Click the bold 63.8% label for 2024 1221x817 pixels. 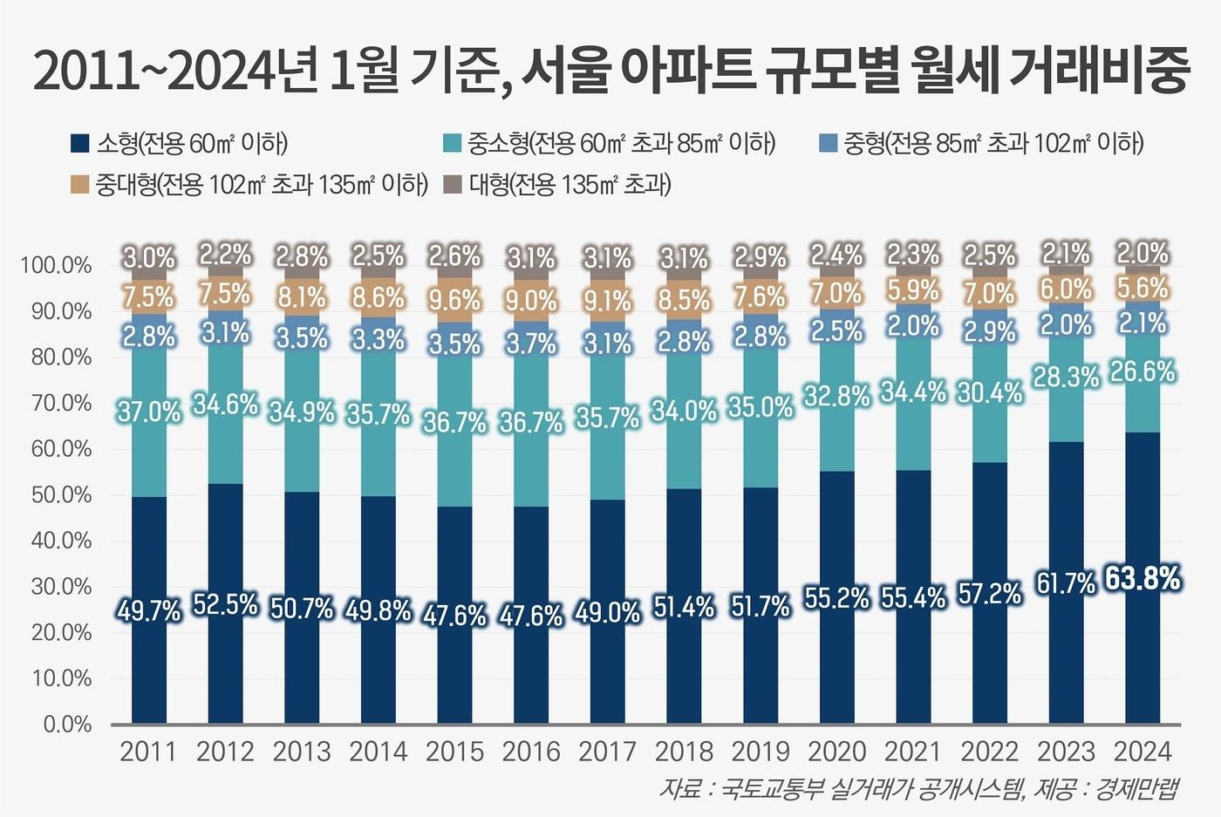tap(1143, 578)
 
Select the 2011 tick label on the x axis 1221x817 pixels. tap(148, 752)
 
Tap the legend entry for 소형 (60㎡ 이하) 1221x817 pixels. tap(179, 143)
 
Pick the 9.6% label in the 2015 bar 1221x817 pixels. tap(454, 300)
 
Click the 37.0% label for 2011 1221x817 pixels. tap(148, 412)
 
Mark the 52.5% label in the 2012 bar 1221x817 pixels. tap(225, 604)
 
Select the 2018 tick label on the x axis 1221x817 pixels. tap(684, 752)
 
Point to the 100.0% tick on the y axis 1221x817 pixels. tap(56, 265)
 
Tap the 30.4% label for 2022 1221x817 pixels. tap(989, 393)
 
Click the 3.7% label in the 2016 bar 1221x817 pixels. tap(531, 344)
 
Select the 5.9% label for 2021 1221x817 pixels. tap(913, 289)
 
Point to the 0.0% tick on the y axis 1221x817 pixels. tap(66, 725)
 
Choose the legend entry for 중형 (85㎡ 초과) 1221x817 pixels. tap(981, 143)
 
